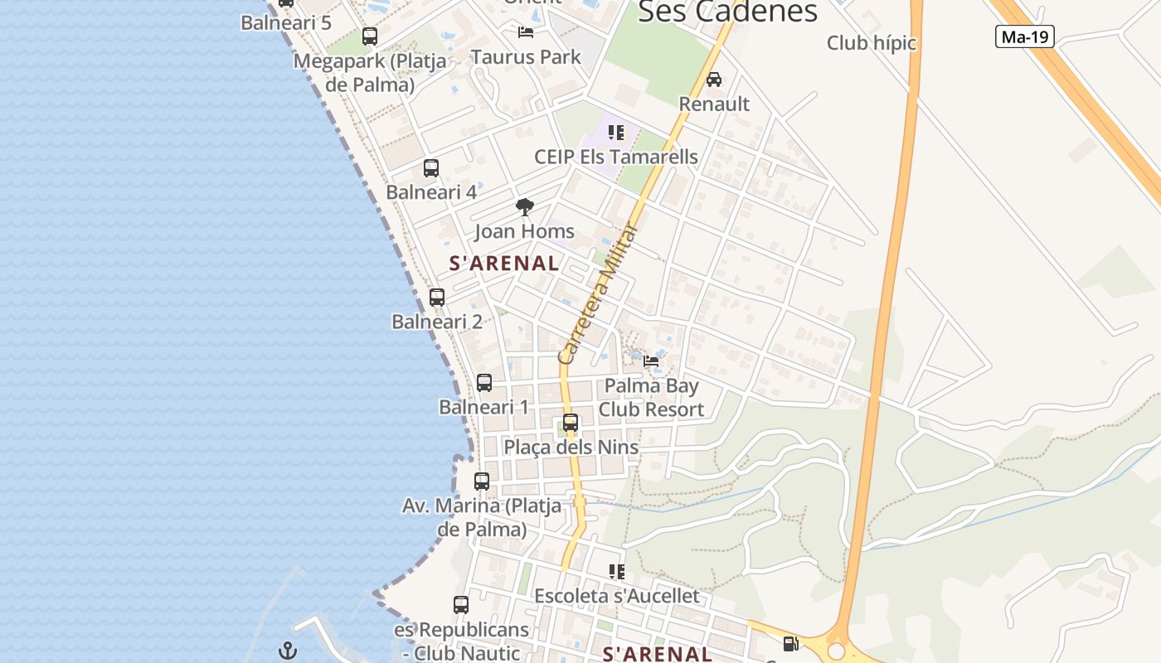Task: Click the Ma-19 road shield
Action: click(1025, 36)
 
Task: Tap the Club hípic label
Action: click(871, 43)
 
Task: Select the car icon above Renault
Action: click(713, 80)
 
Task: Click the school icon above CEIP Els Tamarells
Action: click(615, 133)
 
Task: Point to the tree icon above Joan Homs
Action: click(524, 207)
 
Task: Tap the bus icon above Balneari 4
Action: click(431, 168)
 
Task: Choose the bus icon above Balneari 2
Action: click(437, 298)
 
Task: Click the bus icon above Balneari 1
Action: click(484, 383)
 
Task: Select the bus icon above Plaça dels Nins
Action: click(571, 423)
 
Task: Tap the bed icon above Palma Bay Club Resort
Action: click(651, 361)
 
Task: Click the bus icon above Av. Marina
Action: click(482, 481)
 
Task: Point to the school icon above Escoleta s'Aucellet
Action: click(616, 572)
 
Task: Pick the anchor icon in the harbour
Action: click(287, 651)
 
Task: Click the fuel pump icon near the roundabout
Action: click(790, 643)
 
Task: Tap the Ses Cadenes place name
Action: click(727, 12)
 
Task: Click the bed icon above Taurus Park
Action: click(526, 32)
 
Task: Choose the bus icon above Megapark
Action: click(370, 36)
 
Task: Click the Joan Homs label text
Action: click(524, 231)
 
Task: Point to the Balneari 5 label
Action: click(286, 22)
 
